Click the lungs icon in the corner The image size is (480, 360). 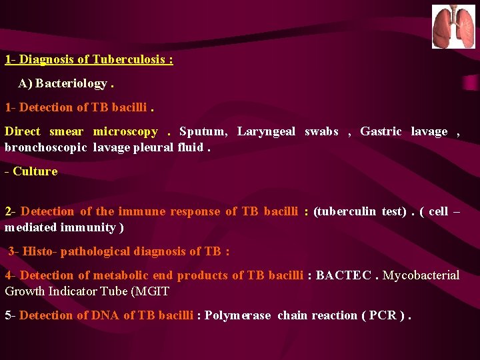(x=453, y=27)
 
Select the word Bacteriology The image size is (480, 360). (x=72, y=83)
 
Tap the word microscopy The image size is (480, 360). (x=125, y=131)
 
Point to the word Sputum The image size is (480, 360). (x=203, y=131)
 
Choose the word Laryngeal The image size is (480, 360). (x=266, y=131)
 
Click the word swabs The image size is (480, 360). (x=321, y=131)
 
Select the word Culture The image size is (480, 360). (x=35, y=171)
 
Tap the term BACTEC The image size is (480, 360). (x=343, y=275)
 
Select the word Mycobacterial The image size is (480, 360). (x=421, y=275)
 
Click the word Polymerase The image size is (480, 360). (x=238, y=315)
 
